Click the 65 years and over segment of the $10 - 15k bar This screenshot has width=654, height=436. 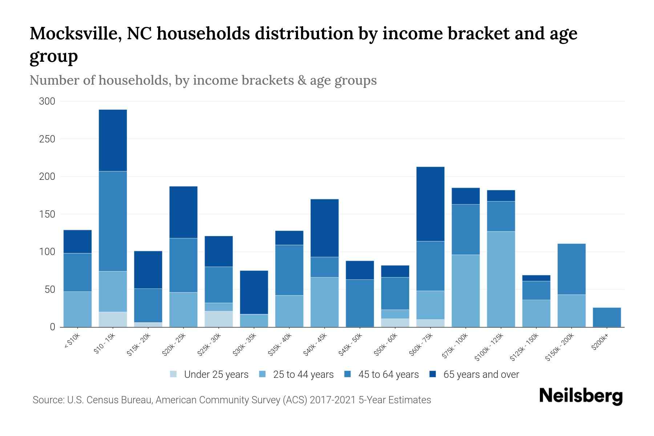113,140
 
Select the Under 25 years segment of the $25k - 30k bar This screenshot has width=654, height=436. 219,319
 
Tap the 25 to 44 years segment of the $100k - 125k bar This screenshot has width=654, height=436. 501,279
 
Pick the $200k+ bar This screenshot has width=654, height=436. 607,317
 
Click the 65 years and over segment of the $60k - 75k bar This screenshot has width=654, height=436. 431,204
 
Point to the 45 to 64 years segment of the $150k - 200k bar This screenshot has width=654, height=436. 572,269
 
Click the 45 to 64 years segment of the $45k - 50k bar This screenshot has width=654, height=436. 360,303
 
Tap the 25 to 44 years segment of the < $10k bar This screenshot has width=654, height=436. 77,309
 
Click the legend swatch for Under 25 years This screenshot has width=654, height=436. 174,374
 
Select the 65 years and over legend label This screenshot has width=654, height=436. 481,374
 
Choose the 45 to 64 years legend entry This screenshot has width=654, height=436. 388,374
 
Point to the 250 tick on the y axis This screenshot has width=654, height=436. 47,139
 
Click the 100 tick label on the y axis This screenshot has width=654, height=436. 47,252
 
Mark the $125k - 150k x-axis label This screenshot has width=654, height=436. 524,348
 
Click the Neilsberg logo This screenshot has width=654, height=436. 581,396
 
